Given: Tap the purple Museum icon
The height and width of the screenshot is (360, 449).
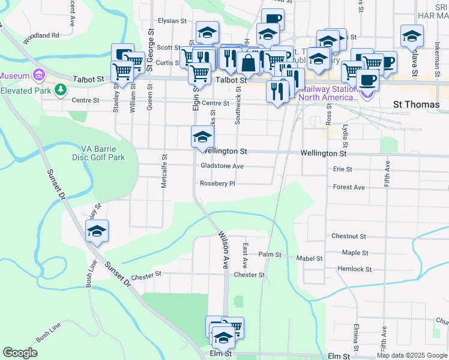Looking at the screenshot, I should [x=40, y=76].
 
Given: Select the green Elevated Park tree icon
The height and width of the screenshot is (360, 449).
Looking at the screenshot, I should [x=60, y=90].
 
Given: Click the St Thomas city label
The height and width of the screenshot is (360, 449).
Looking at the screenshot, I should [x=417, y=104].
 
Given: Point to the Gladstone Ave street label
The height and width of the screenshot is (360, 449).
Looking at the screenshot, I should [x=222, y=166].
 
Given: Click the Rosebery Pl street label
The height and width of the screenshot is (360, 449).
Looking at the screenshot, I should [x=217, y=184].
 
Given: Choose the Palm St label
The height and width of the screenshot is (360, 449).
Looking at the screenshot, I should [x=270, y=254].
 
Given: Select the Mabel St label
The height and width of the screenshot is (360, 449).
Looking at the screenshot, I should [x=310, y=259].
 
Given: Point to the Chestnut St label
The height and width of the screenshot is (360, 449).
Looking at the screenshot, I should [x=348, y=237].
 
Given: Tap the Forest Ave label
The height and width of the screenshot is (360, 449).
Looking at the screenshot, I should [x=349, y=187].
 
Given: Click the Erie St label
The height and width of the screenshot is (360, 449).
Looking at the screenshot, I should [x=342, y=169].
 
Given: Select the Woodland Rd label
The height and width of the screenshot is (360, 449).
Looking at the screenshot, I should [x=41, y=35].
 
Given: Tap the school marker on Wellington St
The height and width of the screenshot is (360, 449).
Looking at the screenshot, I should [x=202, y=137].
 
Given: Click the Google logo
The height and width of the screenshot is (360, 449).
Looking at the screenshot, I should [x=20, y=353].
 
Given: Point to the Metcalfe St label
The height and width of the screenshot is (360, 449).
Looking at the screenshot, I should [x=164, y=170].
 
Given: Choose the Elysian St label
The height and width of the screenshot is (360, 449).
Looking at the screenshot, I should [x=172, y=20].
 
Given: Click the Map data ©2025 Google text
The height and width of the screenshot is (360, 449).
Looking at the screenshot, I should [x=412, y=355].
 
